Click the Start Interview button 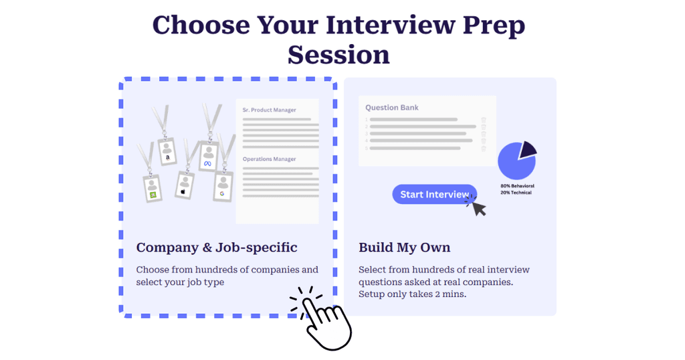(434, 194)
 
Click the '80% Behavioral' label (517, 185)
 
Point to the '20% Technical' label (516, 192)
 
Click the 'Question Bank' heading (392, 107)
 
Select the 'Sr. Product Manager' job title (269, 110)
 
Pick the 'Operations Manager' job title (269, 159)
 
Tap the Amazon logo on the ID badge (167, 157)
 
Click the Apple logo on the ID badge (183, 191)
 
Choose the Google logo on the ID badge (221, 193)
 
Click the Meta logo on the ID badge (207, 163)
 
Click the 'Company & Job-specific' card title (217, 248)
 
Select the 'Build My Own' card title (404, 248)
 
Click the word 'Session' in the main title (338, 54)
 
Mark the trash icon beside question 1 (484, 120)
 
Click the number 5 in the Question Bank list (367, 148)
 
